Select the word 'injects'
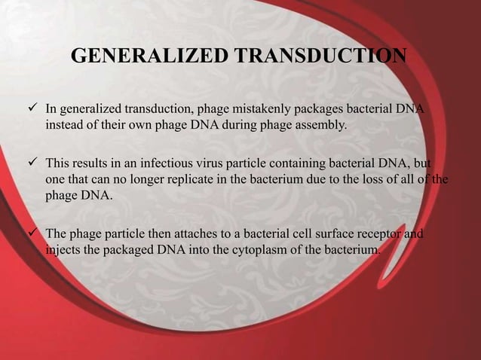(x=65, y=250)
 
